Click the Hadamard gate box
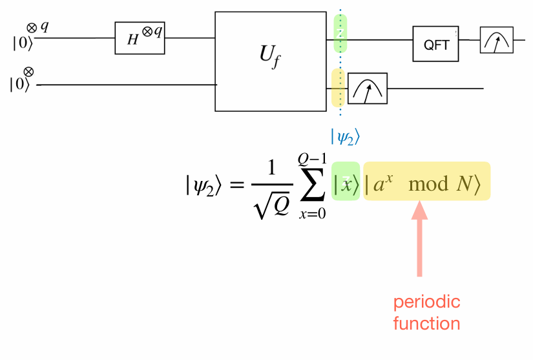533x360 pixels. (140, 38)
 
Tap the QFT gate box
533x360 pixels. (436, 45)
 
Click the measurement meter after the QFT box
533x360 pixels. (496, 40)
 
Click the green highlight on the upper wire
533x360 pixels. (340, 34)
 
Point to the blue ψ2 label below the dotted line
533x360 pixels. (345, 136)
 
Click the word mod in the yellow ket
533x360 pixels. (428, 184)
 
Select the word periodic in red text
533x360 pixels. (427, 302)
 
